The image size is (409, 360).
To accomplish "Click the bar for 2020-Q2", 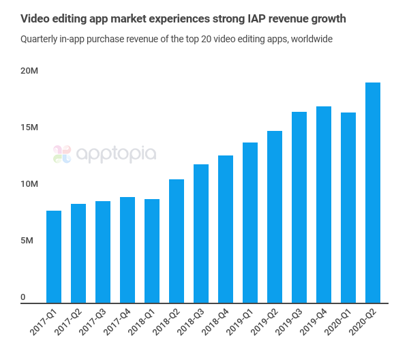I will pyautogui.click(x=373, y=192).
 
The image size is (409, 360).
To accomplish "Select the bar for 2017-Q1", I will pyautogui.click(x=54, y=256).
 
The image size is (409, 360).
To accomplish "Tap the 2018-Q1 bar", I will pyautogui.click(x=152, y=250).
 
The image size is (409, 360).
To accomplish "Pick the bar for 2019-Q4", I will pyautogui.click(x=324, y=205).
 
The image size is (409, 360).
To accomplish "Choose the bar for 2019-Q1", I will pyautogui.click(x=250, y=222).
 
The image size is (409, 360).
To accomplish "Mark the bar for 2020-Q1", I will pyautogui.click(x=348, y=207).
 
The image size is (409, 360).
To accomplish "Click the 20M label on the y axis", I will pyautogui.click(x=29, y=71).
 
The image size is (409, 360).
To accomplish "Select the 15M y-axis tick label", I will pyautogui.click(x=29, y=127).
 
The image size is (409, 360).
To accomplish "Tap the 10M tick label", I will pyautogui.click(x=29, y=184).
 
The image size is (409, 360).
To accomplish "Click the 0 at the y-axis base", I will pyautogui.click(x=22, y=297).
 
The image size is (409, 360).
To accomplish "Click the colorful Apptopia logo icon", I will pyautogui.click(x=62, y=154).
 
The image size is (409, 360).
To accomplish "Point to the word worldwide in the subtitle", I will pyautogui.click(x=311, y=40).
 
